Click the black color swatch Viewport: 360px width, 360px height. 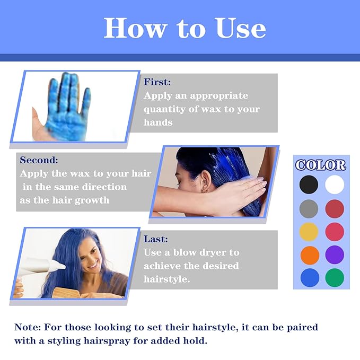point(309,185)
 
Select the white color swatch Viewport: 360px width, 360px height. point(335,185)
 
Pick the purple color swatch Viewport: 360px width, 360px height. point(335,254)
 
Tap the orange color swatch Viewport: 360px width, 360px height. point(309,254)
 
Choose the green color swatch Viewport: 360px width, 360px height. point(335,278)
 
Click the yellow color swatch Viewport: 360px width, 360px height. point(309,231)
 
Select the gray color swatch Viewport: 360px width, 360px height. point(309,208)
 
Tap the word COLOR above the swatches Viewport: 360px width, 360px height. point(321,165)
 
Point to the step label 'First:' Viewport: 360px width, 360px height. point(157,82)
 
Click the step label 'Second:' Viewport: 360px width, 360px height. point(39,160)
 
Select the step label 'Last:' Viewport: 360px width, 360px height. point(155,239)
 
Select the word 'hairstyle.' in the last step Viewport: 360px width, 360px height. point(167,279)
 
